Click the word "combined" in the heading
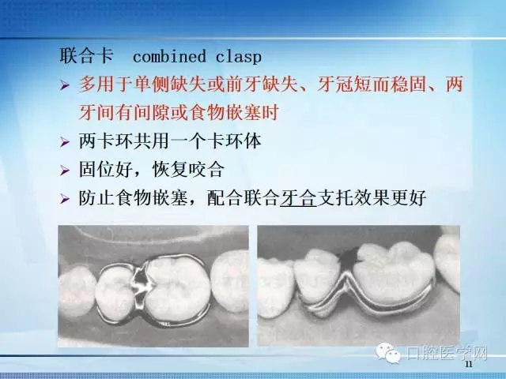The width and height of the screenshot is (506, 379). (x=164, y=57)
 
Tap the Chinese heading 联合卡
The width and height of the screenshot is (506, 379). (x=86, y=57)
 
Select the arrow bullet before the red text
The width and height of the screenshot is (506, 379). (x=66, y=84)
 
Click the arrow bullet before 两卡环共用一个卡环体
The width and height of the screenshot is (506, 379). (x=66, y=143)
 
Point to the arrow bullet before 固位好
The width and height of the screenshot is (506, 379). (x=66, y=171)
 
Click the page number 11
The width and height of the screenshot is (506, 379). (x=469, y=365)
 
